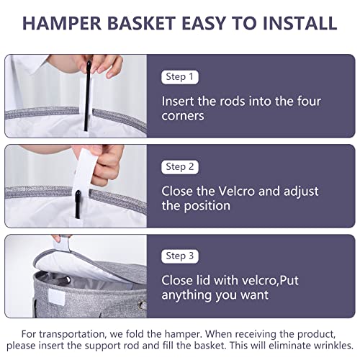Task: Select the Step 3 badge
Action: tap(181, 255)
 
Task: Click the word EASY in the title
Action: tap(204, 22)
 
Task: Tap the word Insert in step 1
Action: tap(179, 101)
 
